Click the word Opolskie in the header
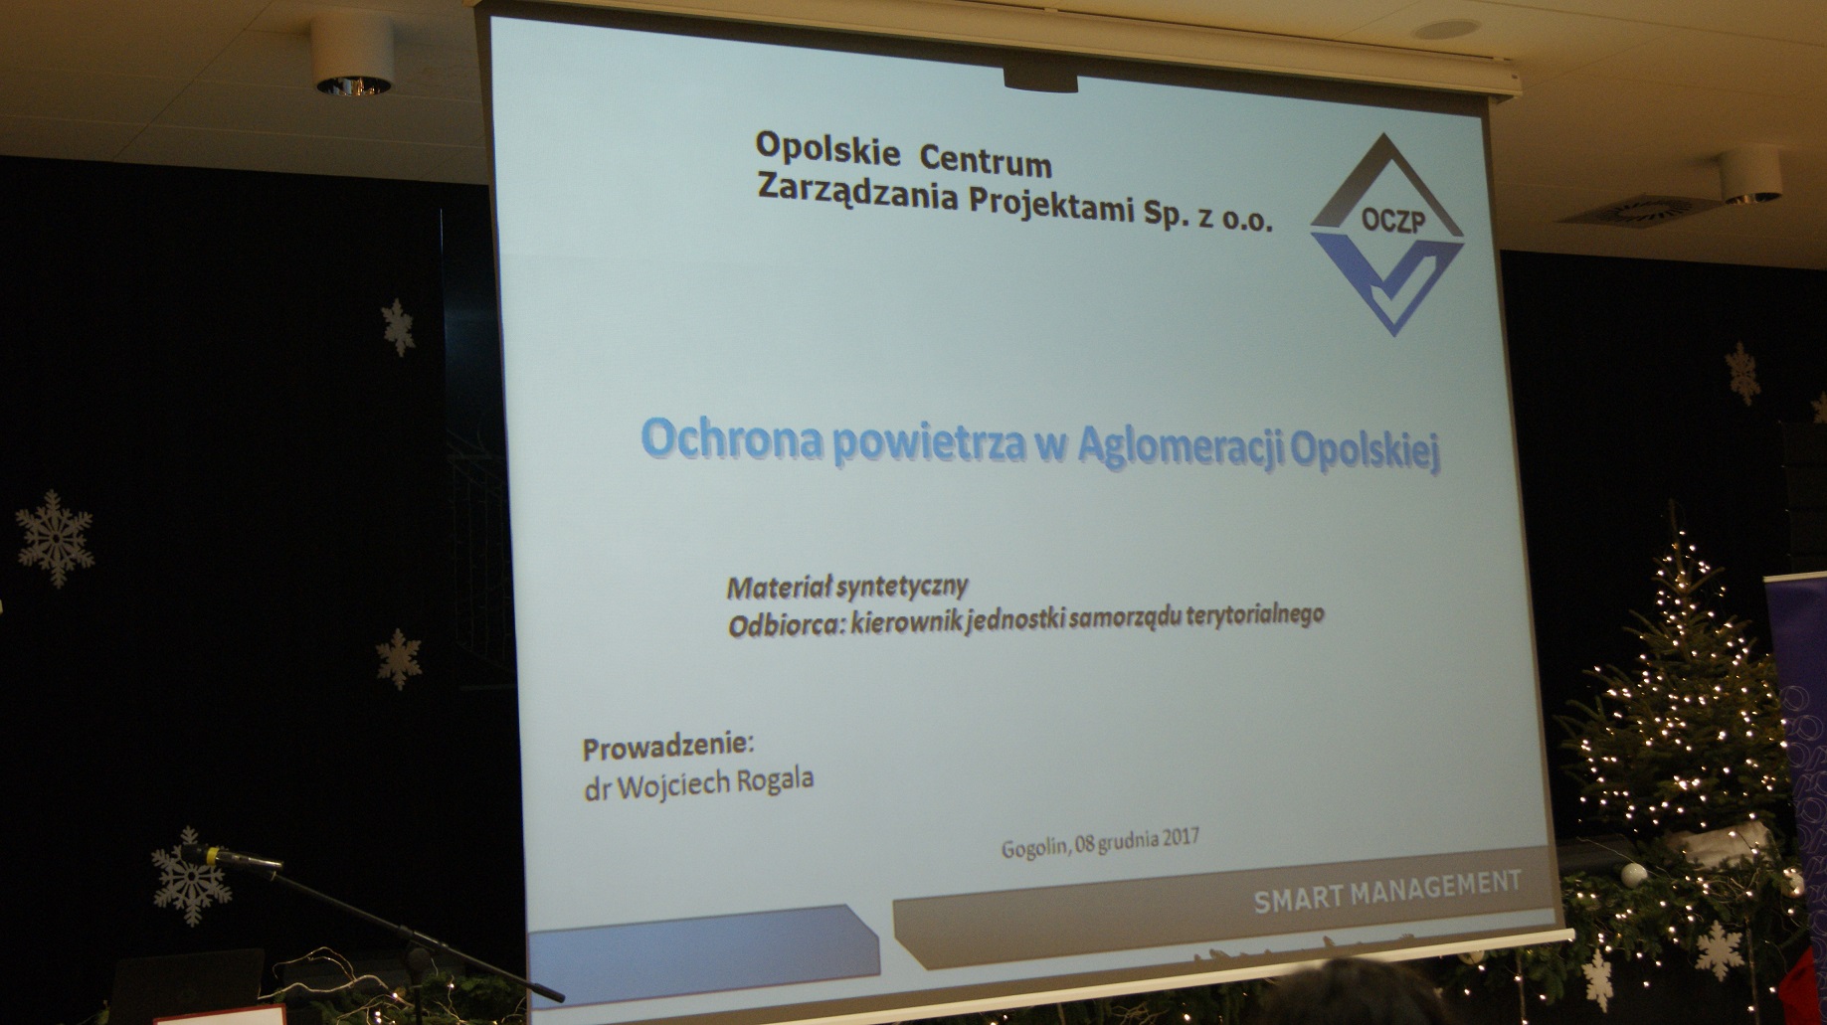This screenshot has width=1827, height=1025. pyautogui.click(x=827, y=150)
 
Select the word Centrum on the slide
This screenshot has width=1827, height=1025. pyautogui.click(x=986, y=159)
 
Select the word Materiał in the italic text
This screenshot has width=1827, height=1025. pyautogui.click(x=779, y=588)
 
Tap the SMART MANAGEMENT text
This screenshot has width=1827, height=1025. pyautogui.click(x=1387, y=890)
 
